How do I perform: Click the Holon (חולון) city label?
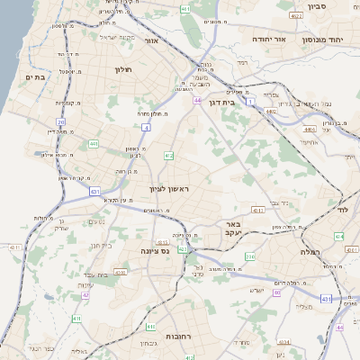click(123, 69)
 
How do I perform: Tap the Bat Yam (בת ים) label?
click(34, 77)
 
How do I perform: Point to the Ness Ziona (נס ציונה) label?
click(155, 252)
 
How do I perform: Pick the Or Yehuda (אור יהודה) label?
click(266, 40)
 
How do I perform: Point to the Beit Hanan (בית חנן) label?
click(101, 244)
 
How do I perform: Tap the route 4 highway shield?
click(147, 128)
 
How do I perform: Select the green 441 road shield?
click(93, 143)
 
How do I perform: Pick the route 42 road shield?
click(85, 294)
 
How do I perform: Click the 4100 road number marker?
click(121, 270)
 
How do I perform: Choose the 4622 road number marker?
click(296, 16)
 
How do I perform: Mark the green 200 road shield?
click(251, 257)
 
